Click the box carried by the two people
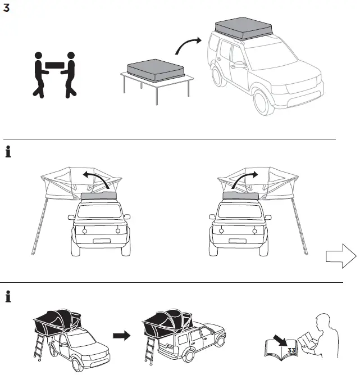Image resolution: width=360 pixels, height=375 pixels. click(54, 65)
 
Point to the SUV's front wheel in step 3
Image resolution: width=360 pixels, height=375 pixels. click(264, 101)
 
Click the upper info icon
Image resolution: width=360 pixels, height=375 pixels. click(8, 152)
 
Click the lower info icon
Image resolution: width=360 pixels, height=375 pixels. click(8, 296)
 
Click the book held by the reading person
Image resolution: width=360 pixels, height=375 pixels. click(308, 341)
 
